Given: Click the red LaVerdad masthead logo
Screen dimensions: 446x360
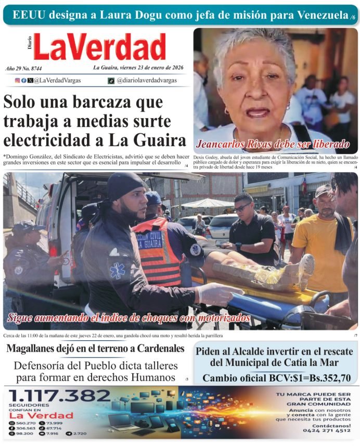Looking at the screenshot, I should [x=99, y=47].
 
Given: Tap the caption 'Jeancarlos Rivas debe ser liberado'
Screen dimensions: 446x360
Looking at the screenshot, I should [x=272, y=144].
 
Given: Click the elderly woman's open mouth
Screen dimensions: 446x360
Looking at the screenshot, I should [x=258, y=112].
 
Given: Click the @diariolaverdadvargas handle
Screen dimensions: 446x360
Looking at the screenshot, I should [x=146, y=80].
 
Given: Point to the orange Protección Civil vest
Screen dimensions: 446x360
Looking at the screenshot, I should [x=157, y=250].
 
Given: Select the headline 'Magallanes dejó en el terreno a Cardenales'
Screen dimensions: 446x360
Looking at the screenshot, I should [x=95, y=348].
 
